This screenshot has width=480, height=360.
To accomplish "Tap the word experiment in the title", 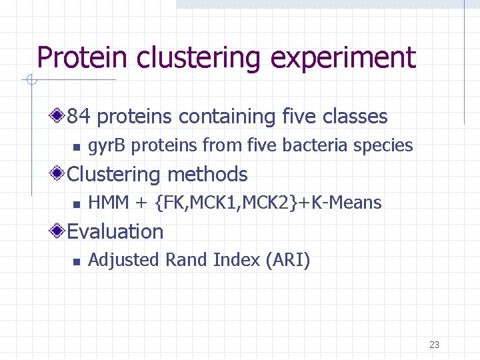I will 343,58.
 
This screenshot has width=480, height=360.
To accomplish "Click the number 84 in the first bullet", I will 78,117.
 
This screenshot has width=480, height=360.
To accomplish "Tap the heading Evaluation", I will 115,232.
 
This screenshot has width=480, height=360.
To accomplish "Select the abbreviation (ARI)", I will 287,260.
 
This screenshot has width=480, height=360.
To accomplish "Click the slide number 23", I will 434,345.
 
